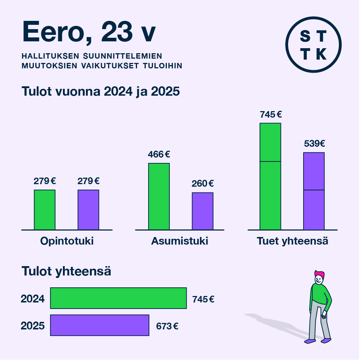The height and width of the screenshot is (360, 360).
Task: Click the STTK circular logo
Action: [313, 45]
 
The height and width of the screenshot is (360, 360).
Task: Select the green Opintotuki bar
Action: [45, 210]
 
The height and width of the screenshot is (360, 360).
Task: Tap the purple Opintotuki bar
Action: [88, 210]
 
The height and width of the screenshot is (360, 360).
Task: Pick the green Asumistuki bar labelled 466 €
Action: [159, 196]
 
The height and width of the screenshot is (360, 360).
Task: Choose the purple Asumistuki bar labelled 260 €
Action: [202, 211]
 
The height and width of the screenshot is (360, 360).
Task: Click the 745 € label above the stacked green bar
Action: [270, 115]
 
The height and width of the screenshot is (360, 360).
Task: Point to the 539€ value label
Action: [314, 144]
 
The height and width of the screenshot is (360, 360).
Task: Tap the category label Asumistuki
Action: [179, 241]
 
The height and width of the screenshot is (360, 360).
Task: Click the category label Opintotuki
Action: [67, 241]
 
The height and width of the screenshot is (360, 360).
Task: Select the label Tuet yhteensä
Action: [292, 241]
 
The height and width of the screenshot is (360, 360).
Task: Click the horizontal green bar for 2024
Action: [118, 298]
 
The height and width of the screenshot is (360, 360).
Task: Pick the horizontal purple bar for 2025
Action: [100, 325]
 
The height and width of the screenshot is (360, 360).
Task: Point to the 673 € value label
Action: [167, 327]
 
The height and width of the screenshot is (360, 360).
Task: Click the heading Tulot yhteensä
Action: [67, 272]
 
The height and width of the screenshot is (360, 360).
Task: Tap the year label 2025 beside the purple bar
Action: [33, 326]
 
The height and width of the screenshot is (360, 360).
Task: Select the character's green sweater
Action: [319, 293]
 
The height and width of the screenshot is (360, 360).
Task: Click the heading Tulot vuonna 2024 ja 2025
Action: [101, 91]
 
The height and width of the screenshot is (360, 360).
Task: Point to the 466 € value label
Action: [159, 155]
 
